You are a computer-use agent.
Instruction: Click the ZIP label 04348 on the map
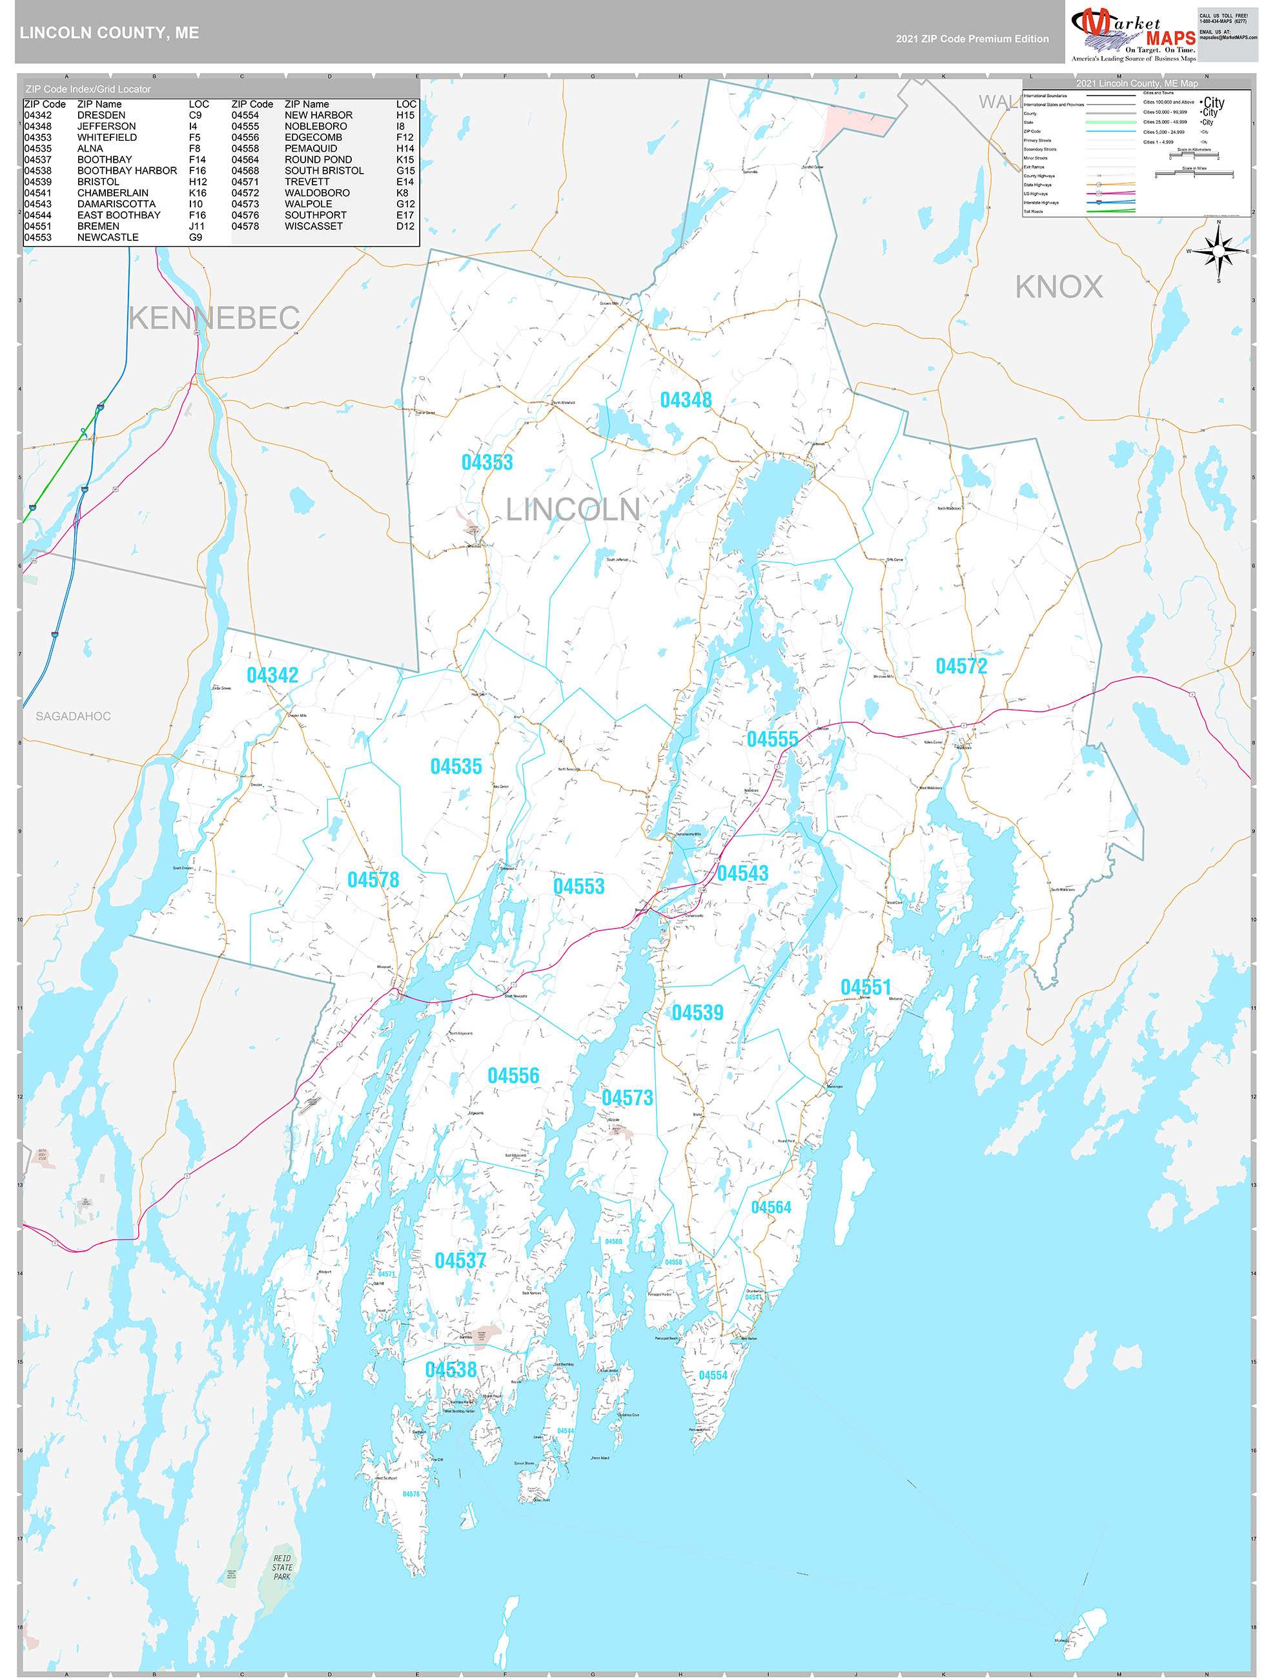[x=686, y=400]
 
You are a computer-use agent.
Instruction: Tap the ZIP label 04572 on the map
[x=961, y=666]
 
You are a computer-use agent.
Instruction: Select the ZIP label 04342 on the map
[x=272, y=675]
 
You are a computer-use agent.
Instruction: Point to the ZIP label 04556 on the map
[x=513, y=1076]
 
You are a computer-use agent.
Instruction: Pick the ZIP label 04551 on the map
[x=865, y=987]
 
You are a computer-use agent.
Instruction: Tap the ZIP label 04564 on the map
[x=771, y=1207]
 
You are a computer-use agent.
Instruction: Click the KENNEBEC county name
[x=214, y=318]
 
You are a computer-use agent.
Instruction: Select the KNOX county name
[x=1059, y=287]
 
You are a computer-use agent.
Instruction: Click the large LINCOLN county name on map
[x=573, y=510]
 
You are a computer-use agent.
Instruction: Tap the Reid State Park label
[x=281, y=1567]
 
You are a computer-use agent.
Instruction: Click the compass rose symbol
[x=1218, y=251]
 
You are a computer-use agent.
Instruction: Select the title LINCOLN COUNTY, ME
[x=109, y=33]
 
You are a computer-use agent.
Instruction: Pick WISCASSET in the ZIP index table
[x=314, y=226]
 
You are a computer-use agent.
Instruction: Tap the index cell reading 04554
[x=245, y=116]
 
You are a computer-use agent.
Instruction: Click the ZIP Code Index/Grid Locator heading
[x=88, y=89]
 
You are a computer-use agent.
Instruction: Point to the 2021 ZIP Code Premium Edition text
[x=972, y=39]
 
